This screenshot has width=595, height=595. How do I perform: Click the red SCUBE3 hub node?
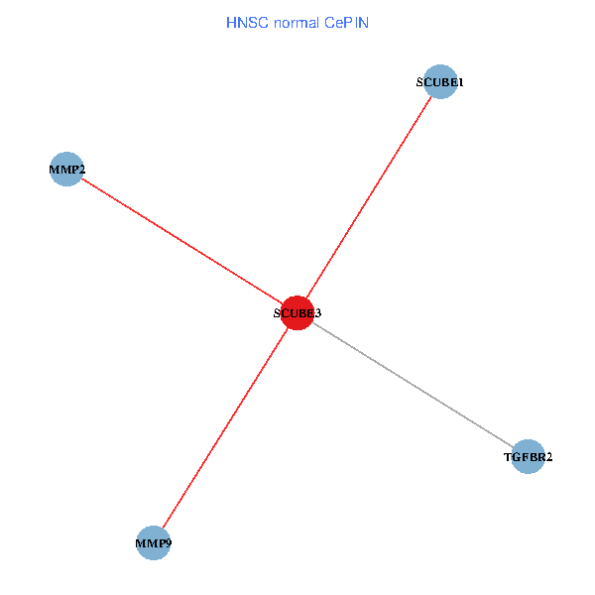297,312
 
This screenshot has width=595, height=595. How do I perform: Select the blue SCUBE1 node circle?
439,82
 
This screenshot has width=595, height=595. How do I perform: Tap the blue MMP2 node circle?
65,170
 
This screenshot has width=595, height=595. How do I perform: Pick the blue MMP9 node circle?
154,542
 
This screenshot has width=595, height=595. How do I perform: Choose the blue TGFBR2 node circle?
529,456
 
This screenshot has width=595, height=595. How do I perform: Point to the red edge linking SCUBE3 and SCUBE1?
368,197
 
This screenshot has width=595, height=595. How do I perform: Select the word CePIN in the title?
346,22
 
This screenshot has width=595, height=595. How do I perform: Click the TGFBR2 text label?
529,457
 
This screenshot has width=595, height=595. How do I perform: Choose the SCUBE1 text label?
439,83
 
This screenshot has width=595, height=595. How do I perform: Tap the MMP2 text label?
66,171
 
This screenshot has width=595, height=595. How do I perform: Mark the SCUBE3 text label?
297,313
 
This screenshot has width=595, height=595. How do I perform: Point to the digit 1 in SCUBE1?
460,83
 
